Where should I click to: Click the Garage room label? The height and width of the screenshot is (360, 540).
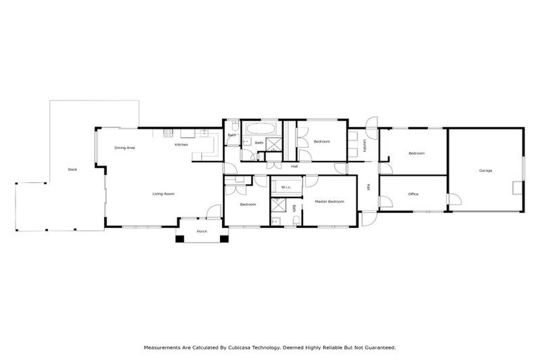[x=485, y=171]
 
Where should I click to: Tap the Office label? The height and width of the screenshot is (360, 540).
[x=413, y=194]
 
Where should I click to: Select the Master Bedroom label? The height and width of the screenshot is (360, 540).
[x=330, y=202]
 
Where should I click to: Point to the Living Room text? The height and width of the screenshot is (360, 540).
[x=164, y=193]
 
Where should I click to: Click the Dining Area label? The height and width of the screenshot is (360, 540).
[x=124, y=148]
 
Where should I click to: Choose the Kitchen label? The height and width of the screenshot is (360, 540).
[x=181, y=145]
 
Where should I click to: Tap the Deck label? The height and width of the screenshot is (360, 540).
[x=72, y=169]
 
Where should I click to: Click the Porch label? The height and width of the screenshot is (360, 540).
[x=202, y=231]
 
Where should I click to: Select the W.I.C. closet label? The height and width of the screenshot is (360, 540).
[x=286, y=187]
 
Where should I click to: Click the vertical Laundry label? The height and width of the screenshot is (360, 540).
[x=365, y=144]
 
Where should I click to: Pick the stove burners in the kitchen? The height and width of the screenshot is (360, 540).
[x=168, y=133]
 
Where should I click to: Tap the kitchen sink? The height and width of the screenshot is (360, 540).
[x=203, y=132]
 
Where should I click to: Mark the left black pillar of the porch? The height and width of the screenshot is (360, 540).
[x=180, y=238]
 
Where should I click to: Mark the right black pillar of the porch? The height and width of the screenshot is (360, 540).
[x=224, y=238]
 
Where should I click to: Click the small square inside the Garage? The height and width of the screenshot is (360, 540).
[x=517, y=186]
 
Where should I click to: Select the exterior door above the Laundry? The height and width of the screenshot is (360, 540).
[x=372, y=122]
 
